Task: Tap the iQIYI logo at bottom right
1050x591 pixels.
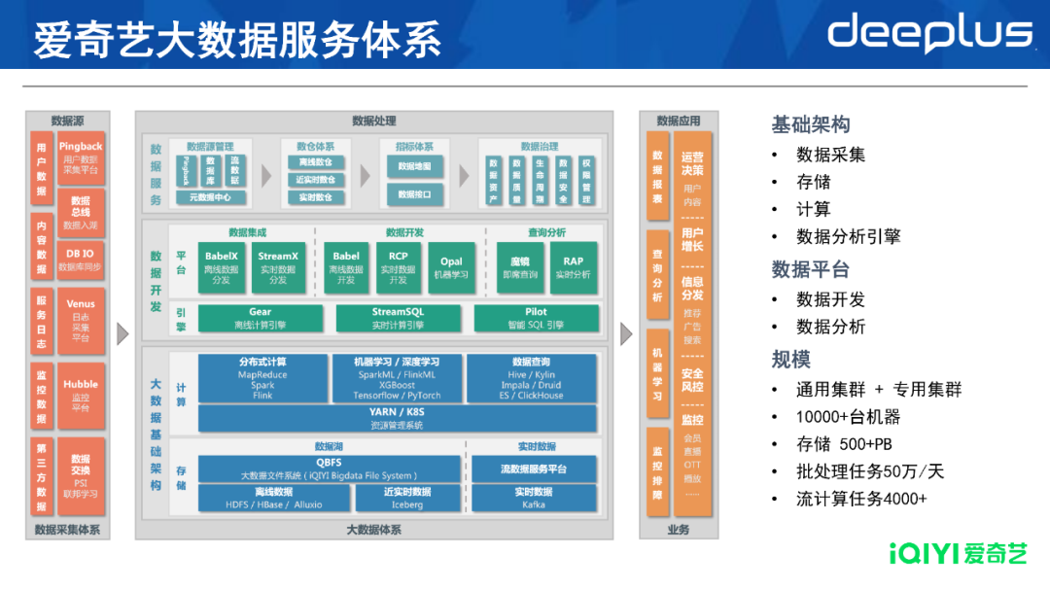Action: [958, 554]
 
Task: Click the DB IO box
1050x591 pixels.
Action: [81, 259]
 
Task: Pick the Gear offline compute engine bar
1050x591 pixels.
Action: [260, 318]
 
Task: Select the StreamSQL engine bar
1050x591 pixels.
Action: [398, 318]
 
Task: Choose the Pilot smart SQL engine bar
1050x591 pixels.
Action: [536, 318]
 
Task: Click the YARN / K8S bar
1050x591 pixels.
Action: [397, 418]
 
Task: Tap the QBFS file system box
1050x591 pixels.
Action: [329, 469]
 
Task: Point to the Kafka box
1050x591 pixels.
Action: [534, 499]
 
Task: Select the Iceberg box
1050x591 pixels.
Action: [407, 499]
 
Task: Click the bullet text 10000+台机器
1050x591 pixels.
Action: [848, 417]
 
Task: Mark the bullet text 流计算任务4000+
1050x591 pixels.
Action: [861, 499]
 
